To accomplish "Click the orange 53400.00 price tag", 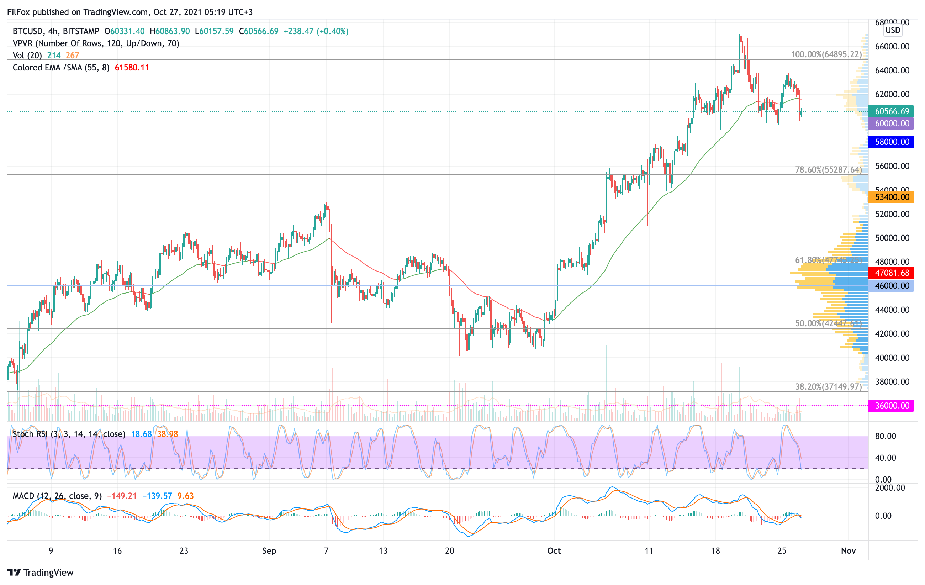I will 891,197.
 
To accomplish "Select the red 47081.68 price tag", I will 891,273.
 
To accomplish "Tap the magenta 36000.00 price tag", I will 891,405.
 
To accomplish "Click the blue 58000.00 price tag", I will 891,142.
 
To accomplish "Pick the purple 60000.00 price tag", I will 891,123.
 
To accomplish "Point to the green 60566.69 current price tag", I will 891,111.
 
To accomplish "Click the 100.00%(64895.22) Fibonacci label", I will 826,54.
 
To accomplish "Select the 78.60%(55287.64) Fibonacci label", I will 828,169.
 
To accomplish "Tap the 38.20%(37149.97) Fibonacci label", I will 828,386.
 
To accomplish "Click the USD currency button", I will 893,30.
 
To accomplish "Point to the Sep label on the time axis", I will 269,551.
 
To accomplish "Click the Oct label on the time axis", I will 554,551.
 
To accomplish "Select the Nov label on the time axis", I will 848,551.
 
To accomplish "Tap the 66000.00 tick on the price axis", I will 892,47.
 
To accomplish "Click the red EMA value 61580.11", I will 132,68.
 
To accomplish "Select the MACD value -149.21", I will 122,496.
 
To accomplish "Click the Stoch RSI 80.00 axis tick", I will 886,436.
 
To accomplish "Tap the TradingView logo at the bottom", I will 40,572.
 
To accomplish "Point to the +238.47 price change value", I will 298,31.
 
